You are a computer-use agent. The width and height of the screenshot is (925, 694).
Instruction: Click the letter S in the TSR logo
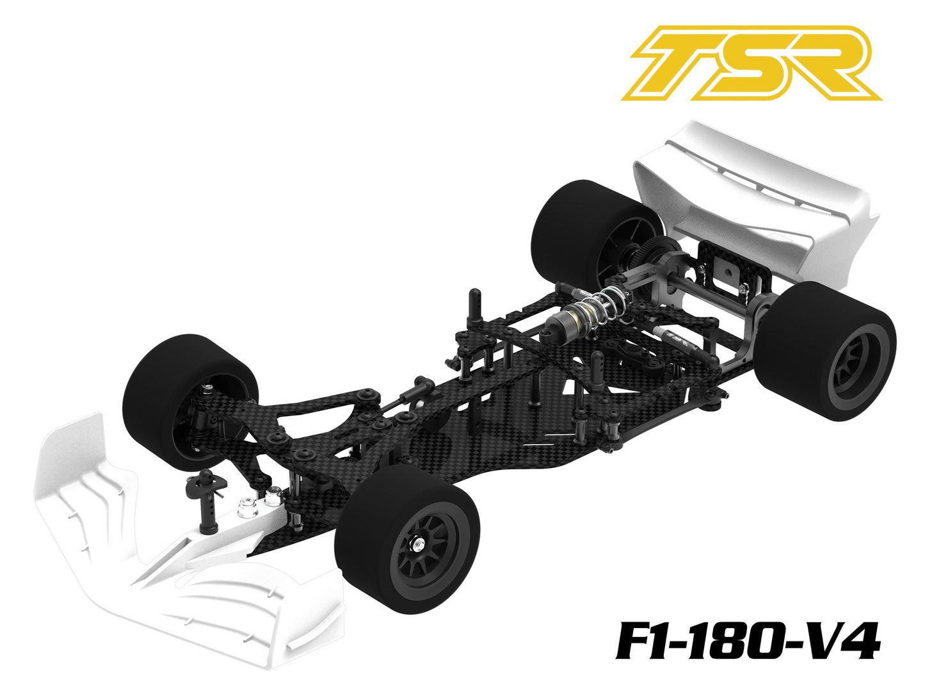[750, 64]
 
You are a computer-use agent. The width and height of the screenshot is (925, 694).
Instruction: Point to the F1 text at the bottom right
[647, 641]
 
